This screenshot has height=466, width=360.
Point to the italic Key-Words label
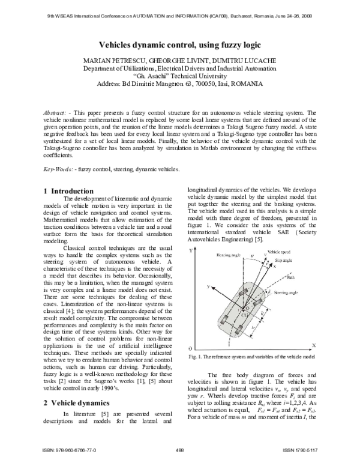58,169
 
